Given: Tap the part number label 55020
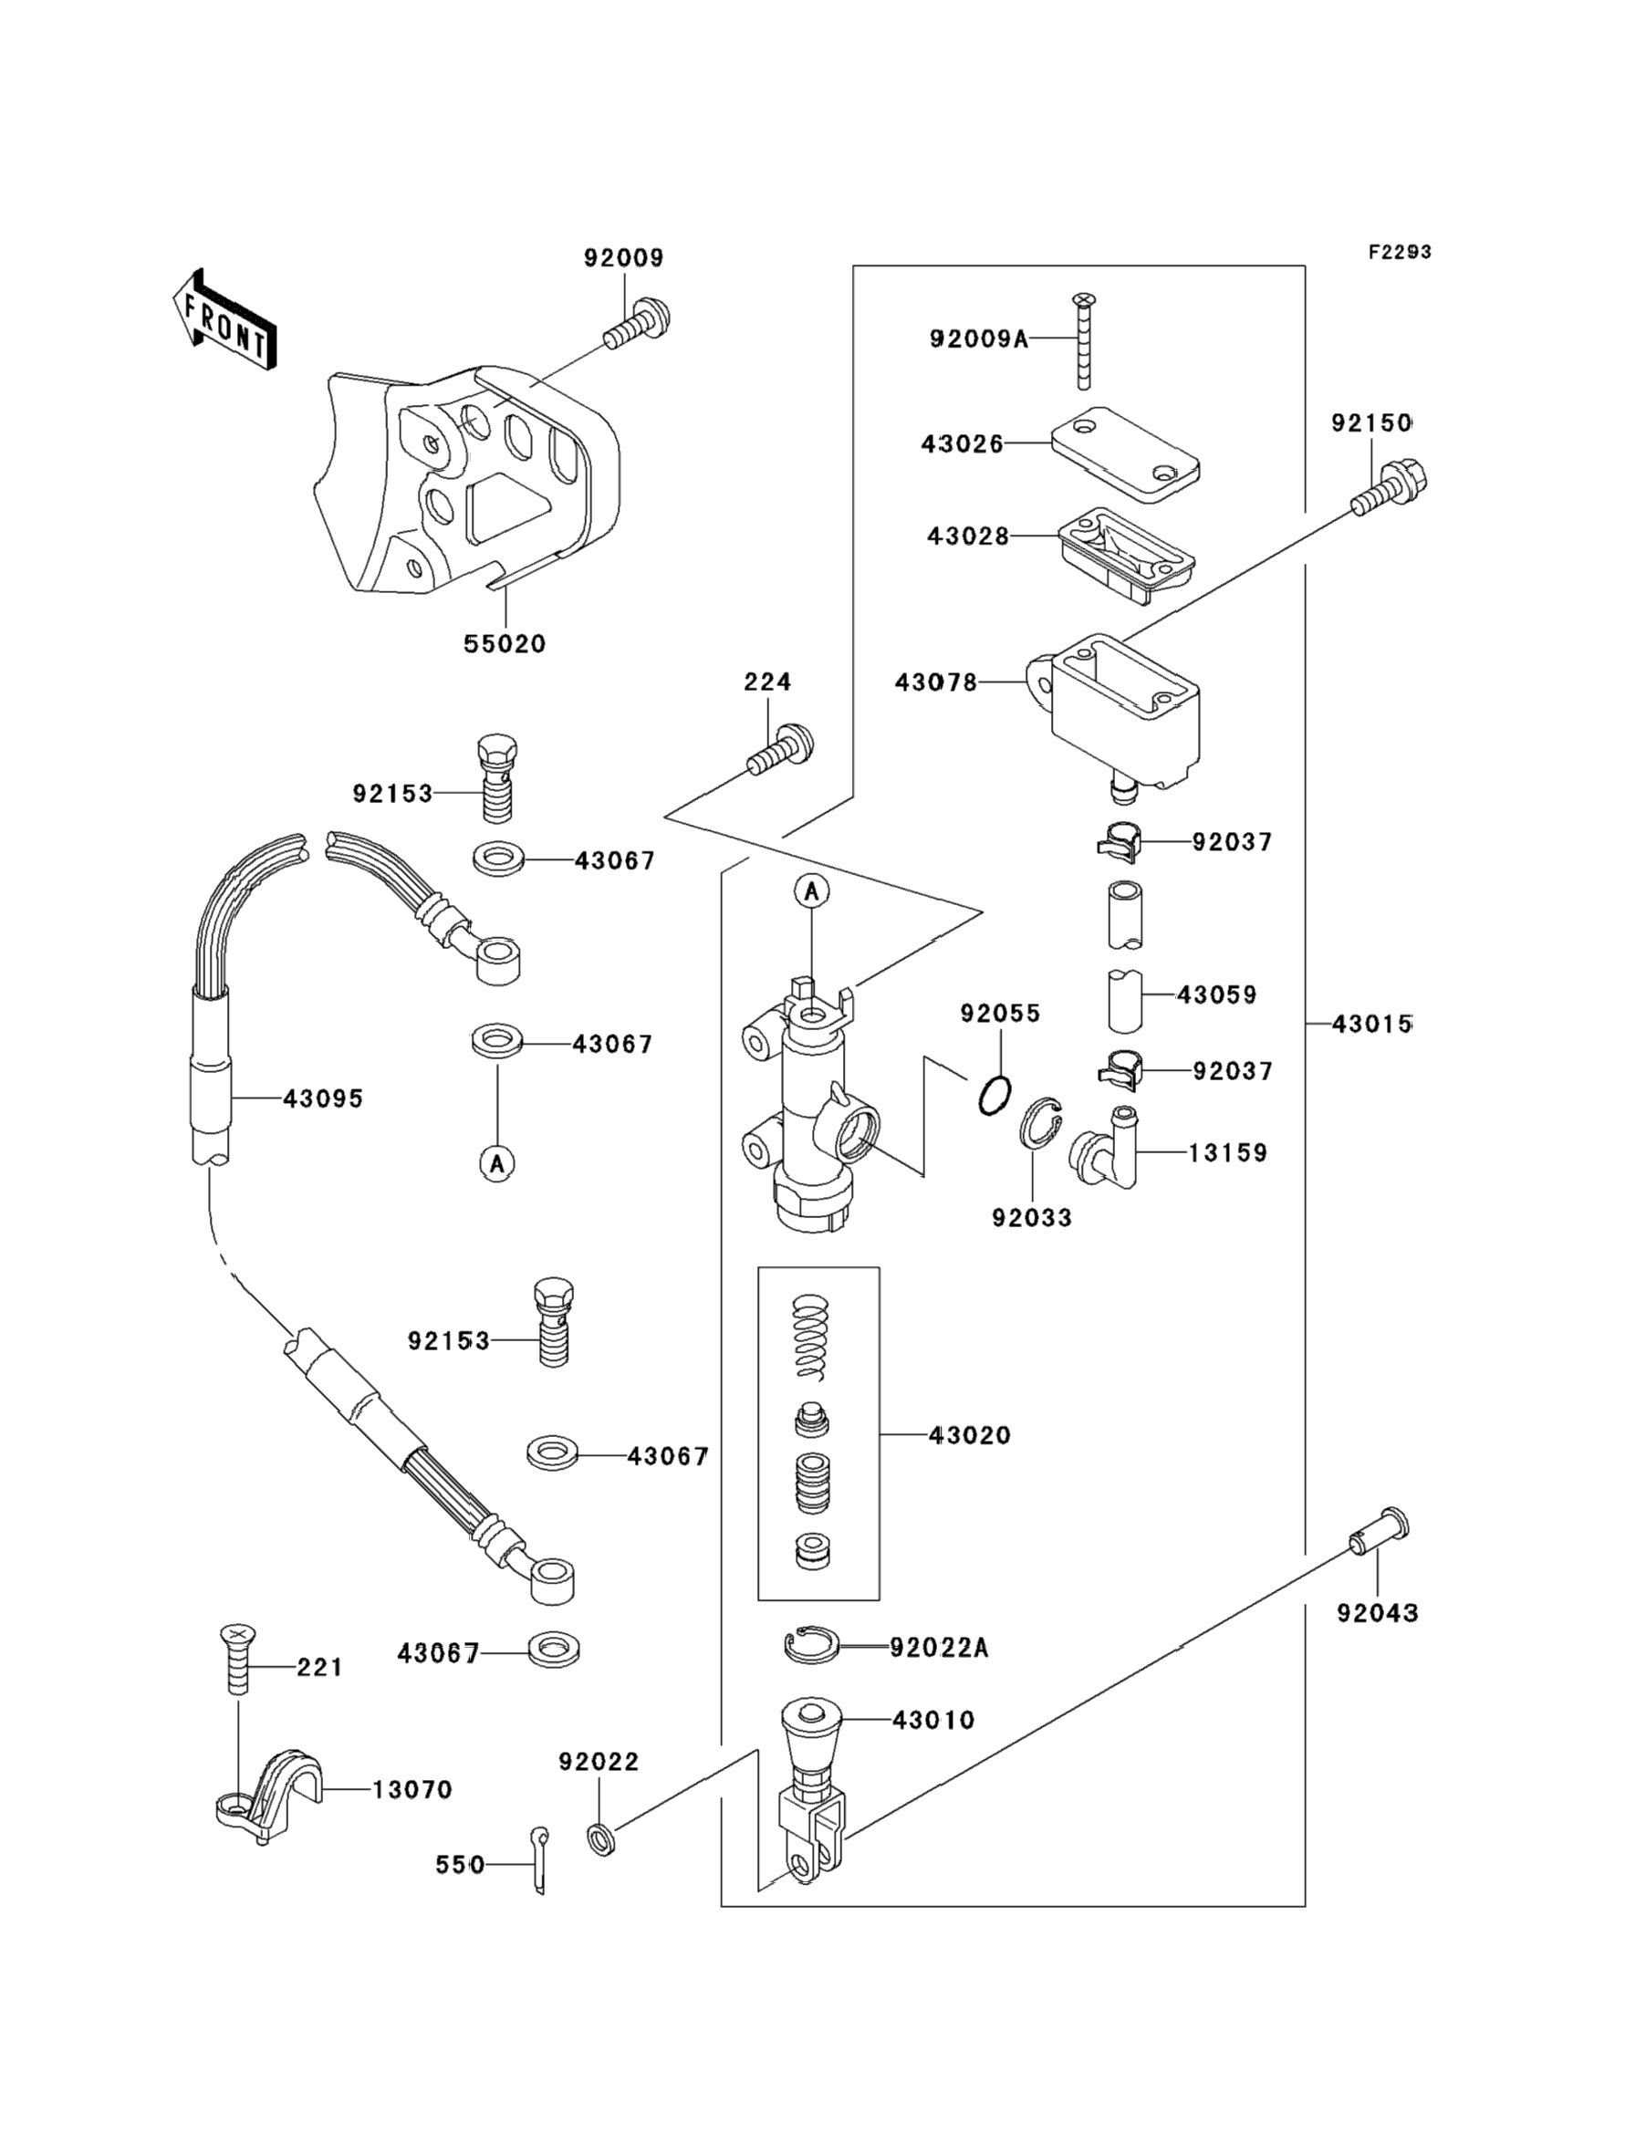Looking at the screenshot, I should pos(505,644).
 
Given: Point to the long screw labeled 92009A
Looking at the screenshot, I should pos(1084,340).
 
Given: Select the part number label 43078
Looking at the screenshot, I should pos(935,682).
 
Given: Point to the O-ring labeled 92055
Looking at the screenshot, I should pos(995,1094).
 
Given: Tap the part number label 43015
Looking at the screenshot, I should pos(1371,1025).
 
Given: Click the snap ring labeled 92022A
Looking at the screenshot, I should pos(810,1647).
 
